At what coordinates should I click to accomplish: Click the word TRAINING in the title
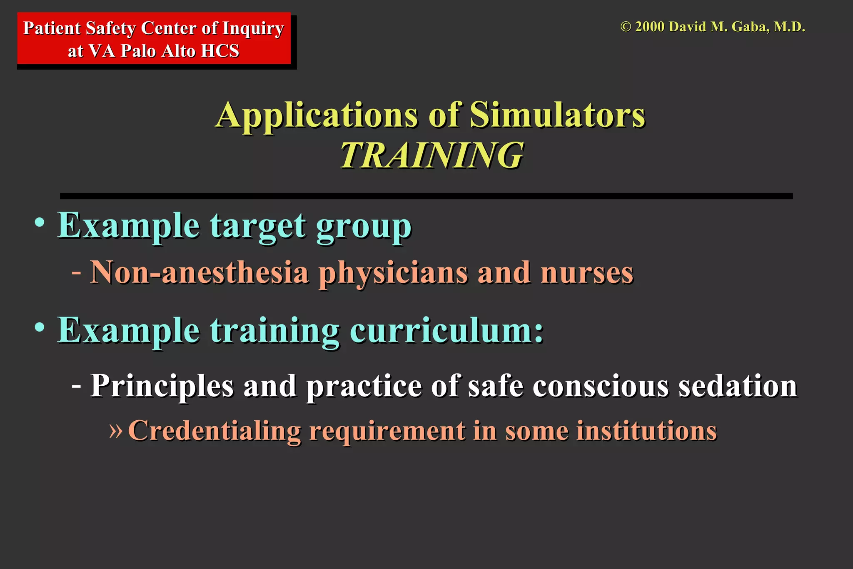pos(431,155)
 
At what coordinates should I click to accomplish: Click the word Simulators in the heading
pos(557,115)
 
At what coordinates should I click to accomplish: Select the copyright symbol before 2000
pos(625,27)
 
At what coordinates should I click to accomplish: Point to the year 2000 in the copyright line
pos(649,27)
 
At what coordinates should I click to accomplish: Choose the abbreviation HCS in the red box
pos(220,51)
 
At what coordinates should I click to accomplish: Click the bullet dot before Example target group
pos(40,222)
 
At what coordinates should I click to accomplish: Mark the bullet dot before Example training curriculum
pos(40,327)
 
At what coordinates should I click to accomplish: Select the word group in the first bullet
pos(364,227)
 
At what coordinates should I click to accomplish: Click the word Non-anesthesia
pos(200,273)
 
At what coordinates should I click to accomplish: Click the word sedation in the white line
pos(738,386)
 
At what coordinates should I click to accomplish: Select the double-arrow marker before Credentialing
pos(115,431)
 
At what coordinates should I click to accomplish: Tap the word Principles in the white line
pos(162,387)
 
